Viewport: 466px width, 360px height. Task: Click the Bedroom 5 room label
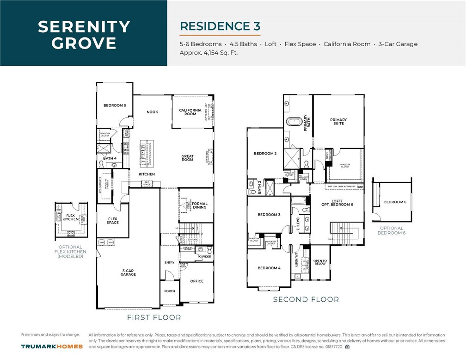point(115,106)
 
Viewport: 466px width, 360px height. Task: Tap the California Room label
point(190,112)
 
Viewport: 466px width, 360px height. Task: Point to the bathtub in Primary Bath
point(294,122)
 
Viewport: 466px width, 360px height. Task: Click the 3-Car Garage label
point(128,273)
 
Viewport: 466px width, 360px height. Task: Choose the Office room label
point(197,281)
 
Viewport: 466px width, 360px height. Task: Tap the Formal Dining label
point(200,205)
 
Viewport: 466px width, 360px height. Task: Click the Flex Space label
point(112,221)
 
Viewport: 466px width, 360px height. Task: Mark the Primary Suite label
point(338,122)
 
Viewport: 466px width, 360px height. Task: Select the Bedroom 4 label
point(269,268)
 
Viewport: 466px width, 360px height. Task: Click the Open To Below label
point(320,262)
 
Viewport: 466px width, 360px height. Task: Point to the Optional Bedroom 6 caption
point(392,230)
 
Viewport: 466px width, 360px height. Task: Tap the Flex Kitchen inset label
point(71,217)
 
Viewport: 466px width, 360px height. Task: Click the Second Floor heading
point(306,299)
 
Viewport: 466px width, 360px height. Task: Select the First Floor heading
point(154,317)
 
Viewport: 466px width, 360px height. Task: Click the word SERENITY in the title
point(84,26)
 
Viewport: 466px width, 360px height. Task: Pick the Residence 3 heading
point(220,26)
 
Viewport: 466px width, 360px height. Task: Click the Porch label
point(170,291)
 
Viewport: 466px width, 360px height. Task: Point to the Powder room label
point(204,256)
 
